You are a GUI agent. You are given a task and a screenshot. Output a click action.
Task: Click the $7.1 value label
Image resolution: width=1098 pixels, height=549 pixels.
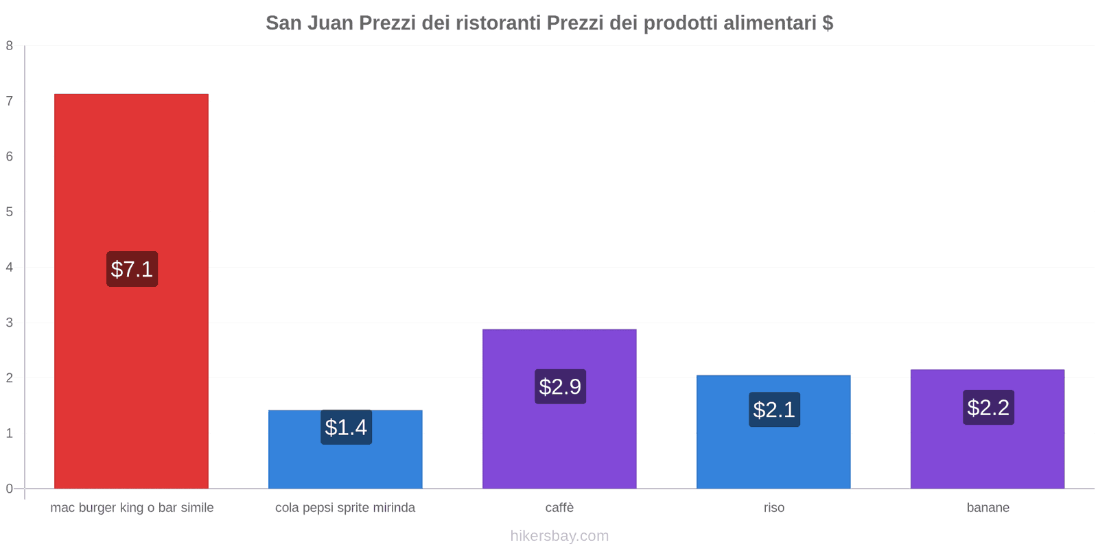point(132,269)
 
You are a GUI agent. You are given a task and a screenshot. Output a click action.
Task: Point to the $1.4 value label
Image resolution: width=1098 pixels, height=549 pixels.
point(346,428)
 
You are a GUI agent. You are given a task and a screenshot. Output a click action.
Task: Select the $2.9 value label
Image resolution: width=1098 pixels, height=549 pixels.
point(560,387)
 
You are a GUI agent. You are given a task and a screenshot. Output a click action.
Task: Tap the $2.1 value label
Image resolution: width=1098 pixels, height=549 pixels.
point(774,410)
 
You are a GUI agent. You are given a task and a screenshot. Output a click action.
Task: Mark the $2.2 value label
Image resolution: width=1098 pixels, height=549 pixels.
point(988,408)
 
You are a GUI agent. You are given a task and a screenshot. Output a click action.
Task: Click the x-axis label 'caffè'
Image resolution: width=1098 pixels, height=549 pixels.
point(559,508)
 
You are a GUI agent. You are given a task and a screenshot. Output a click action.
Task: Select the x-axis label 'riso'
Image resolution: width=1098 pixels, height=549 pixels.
point(773,508)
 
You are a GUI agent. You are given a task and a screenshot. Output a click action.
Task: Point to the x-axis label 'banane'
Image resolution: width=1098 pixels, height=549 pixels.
point(988,508)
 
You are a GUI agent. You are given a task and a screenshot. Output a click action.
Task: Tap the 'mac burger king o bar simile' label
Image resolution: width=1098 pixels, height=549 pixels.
point(132,508)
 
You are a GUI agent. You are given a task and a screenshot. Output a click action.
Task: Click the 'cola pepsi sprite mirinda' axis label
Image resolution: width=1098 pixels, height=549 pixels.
point(345,508)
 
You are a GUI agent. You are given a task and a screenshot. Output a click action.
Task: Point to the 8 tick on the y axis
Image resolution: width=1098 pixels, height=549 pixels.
point(10,46)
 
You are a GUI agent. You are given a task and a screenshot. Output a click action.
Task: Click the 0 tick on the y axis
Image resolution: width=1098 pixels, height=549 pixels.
point(10,489)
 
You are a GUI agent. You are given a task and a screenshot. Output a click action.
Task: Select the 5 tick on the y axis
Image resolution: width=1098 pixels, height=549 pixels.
point(10,212)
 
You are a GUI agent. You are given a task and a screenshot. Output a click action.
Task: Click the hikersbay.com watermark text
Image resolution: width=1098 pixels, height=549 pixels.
point(559,536)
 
